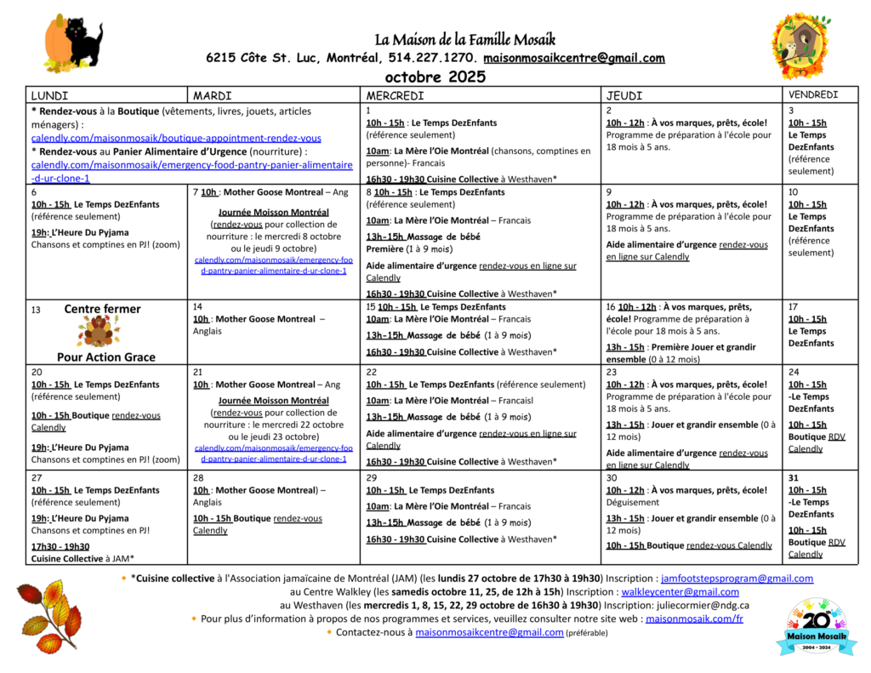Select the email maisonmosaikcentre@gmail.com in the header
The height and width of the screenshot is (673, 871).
(x=574, y=58)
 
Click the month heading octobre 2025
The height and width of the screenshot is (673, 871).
(x=435, y=77)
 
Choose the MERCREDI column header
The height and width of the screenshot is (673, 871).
(x=395, y=96)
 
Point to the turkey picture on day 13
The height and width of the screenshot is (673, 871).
(x=99, y=332)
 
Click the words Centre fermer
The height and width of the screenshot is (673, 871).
(x=102, y=309)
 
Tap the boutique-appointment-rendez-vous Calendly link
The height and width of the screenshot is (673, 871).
(x=176, y=138)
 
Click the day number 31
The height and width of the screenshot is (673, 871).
(x=794, y=478)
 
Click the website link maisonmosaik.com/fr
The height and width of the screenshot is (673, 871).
(x=694, y=619)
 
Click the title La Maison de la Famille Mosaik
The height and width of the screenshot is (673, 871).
(x=465, y=39)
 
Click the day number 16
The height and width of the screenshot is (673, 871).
(x=610, y=307)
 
